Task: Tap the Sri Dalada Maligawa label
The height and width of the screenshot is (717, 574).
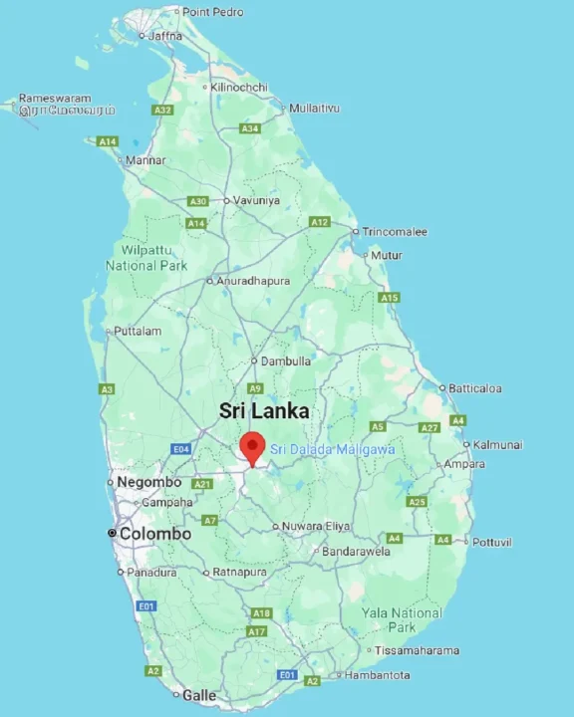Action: tap(333, 450)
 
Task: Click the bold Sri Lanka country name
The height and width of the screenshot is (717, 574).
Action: tap(264, 410)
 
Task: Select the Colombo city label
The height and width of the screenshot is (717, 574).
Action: tap(154, 534)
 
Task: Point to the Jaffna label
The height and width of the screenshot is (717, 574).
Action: tap(164, 35)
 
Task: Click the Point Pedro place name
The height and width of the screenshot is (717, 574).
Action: tap(212, 12)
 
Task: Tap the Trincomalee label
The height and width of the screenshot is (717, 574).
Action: tap(395, 232)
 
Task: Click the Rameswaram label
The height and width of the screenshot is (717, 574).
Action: tap(55, 99)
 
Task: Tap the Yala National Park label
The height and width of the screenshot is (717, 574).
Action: tap(402, 619)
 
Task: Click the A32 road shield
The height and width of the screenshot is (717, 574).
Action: tap(162, 110)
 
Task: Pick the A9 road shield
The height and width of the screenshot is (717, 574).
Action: tap(255, 388)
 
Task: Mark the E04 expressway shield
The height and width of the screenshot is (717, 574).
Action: tap(180, 450)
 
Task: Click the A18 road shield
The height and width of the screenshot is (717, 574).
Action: tap(261, 613)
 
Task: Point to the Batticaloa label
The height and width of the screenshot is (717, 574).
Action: tap(475, 388)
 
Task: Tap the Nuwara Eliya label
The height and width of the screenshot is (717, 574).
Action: tap(316, 527)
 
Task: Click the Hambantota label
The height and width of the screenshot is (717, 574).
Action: tap(377, 675)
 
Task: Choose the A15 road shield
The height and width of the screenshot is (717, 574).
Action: tap(389, 298)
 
